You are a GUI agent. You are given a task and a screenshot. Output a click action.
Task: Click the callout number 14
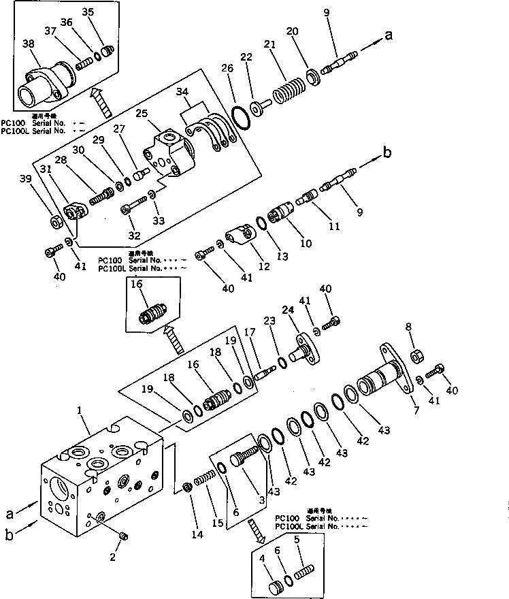click(197, 536)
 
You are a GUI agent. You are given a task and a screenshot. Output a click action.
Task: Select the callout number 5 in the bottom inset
click(295, 540)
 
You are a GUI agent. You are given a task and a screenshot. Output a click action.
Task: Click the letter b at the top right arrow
click(387, 152)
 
